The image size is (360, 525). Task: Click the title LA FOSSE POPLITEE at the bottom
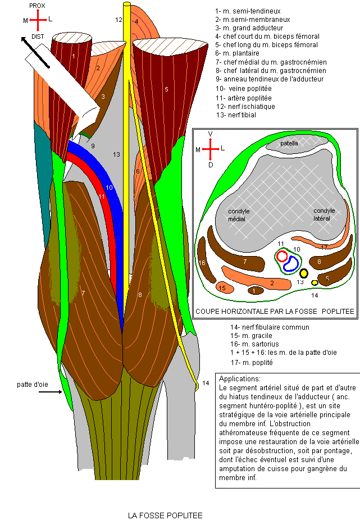[x=165, y=515]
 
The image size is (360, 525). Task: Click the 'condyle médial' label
[x=239, y=215]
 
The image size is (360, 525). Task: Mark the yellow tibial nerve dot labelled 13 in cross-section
[x=304, y=273]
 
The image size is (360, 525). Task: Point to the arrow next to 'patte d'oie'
[x=53, y=392]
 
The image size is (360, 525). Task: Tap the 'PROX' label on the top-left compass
[x=37, y=4]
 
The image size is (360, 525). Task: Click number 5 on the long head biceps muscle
[x=166, y=89]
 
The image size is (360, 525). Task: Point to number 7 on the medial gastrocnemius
[x=83, y=293]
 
